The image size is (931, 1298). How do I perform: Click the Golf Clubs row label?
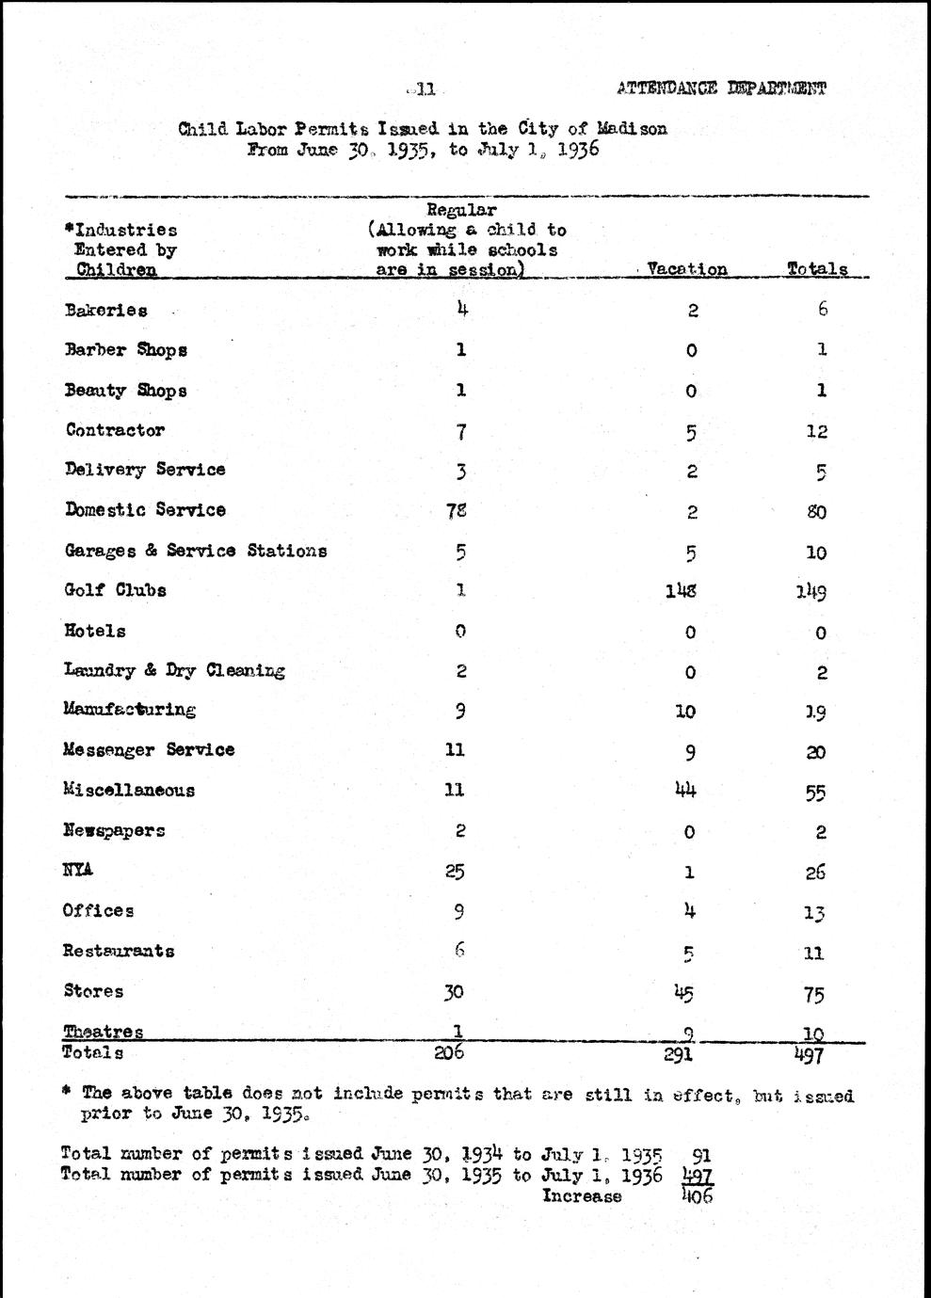coord(116,591)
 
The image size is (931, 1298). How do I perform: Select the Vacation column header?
coord(687,269)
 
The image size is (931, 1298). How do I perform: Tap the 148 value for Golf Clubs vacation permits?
coord(681,591)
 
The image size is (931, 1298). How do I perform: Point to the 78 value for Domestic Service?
coord(457,510)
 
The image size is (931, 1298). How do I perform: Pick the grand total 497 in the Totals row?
coord(809,1055)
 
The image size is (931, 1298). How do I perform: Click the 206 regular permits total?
coord(449,1052)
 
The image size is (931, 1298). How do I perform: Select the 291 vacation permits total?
coord(678,1055)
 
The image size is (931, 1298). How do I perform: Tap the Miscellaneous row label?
coord(129,791)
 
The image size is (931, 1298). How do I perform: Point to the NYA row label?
coord(78,870)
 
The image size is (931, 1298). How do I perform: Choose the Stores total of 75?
coord(815,994)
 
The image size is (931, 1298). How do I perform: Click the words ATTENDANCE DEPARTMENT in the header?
coord(722,88)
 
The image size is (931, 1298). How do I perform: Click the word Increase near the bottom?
coord(582,1196)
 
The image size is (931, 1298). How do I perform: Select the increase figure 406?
coord(698,1196)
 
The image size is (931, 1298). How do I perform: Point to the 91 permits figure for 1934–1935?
coord(701,1155)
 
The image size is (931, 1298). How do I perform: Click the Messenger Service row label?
coord(149,750)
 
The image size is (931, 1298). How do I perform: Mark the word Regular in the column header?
coord(461,210)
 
